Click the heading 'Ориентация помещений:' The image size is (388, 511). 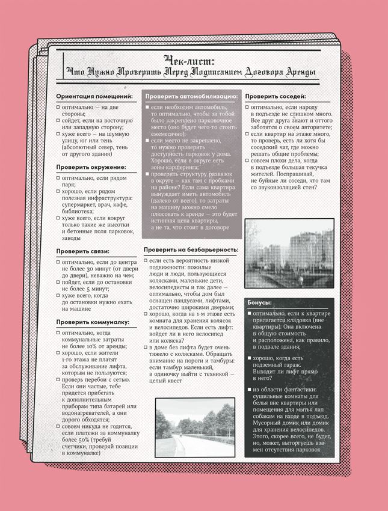click(x=94, y=96)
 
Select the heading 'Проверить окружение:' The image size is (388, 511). click(x=91, y=167)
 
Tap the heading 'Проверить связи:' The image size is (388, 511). click(x=82, y=251)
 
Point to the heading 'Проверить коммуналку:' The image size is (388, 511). click(x=93, y=322)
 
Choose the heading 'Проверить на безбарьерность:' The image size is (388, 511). click(x=191, y=249)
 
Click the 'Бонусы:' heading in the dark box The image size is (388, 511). click(x=259, y=302)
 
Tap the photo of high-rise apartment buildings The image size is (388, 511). click(x=289, y=253)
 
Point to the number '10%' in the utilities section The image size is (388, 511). click(x=88, y=346)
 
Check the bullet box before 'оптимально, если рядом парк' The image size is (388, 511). click(x=57, y=178)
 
